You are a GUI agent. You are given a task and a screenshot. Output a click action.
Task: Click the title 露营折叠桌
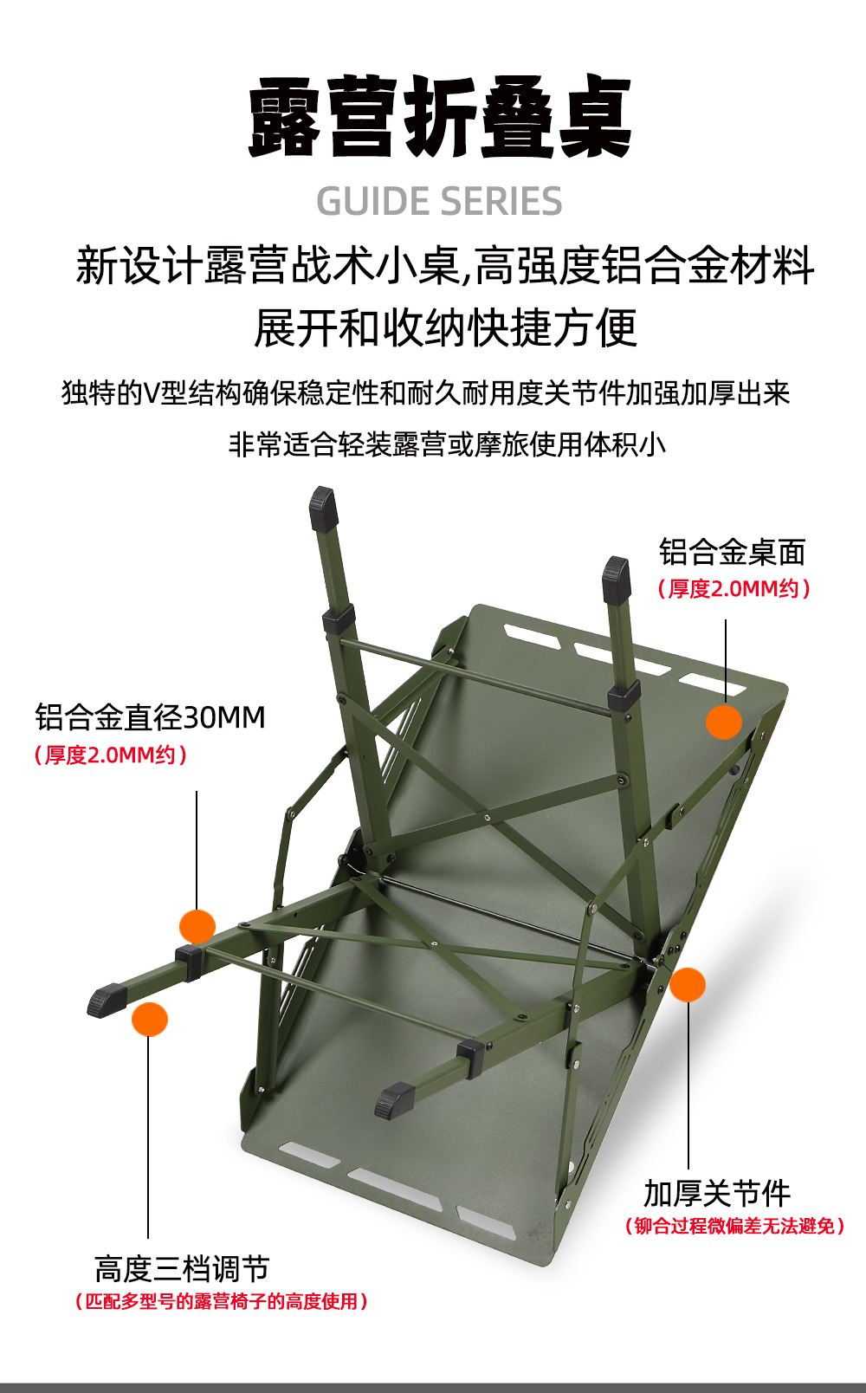[x=440, y=118]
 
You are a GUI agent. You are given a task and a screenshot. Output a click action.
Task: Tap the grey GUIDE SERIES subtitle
[x=439, y=202]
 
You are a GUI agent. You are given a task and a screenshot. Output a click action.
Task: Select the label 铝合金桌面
[x=732, y=552]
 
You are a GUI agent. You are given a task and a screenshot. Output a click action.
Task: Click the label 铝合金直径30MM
[x=150, y=717]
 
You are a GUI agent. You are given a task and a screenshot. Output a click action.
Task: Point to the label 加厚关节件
[x=716, y=1193]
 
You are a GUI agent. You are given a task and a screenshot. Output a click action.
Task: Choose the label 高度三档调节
[x=182, y=1269]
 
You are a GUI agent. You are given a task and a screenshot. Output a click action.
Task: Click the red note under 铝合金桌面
[x=734, y=589]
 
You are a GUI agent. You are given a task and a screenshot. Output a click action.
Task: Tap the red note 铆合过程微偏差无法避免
[x=734, y=1226]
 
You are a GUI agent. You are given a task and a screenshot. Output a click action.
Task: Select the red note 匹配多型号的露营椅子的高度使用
[x=222, y=1301]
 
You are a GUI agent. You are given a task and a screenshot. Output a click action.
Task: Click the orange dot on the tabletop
[x=724, y=722]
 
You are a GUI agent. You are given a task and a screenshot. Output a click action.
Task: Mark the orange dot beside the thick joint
[x=688, y=985]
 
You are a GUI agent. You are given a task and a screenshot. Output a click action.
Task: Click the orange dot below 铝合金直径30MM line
[x=197, y=927]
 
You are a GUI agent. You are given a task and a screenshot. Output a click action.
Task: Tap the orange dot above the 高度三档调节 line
[x=150, y=1020]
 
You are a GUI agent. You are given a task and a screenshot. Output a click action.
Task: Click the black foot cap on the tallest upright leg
[x=323, y=508]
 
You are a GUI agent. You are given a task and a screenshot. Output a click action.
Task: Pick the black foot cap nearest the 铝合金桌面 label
[x=616, y=575]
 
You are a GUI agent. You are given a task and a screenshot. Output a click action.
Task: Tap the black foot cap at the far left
[x=107, y=1000]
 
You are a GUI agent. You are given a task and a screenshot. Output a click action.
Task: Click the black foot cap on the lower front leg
[x=394, y=1099]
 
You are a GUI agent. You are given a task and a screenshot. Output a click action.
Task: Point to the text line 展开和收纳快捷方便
[x=445, y=328]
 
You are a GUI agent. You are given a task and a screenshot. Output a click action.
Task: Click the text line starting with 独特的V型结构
[x=425, y=393]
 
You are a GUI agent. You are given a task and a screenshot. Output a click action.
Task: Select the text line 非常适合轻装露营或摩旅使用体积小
[x=447, y=444]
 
